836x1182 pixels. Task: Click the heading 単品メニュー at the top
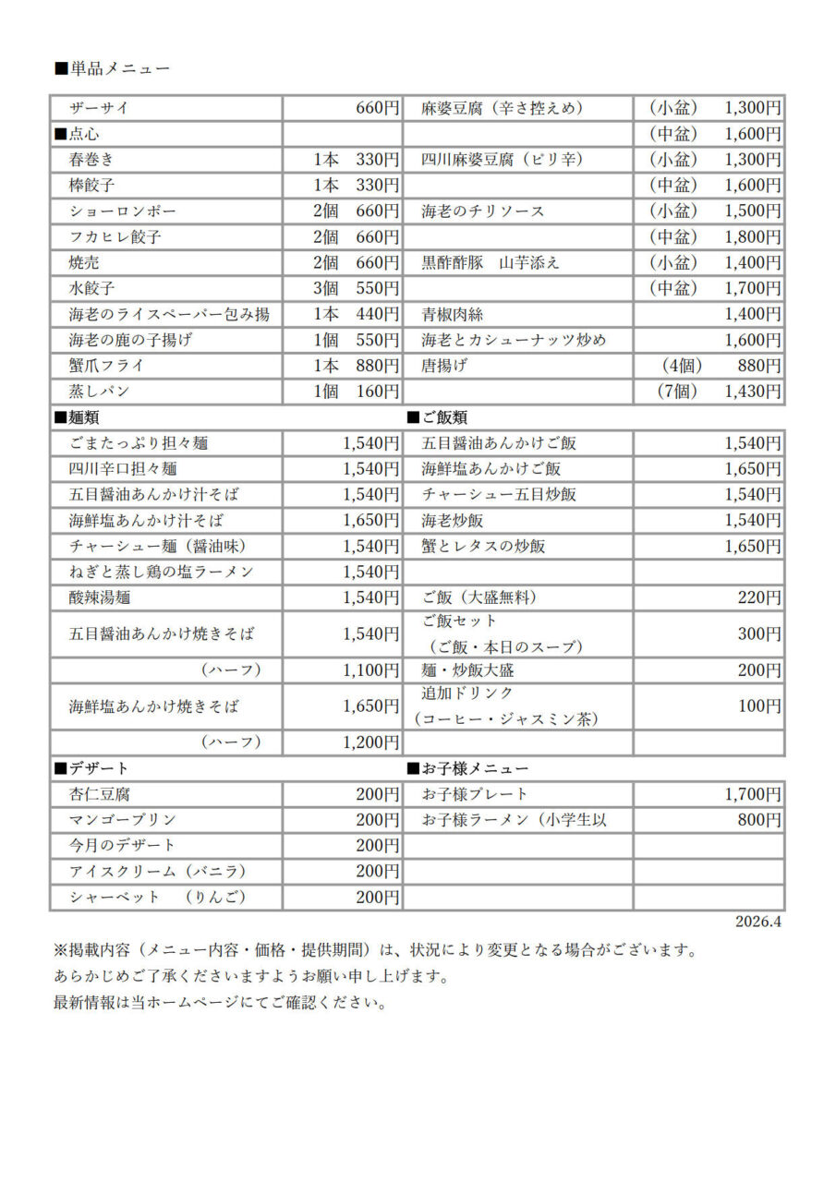pyautogui.click(x=112, y=68)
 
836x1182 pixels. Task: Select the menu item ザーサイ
pyautogui.click(x=99, y=108)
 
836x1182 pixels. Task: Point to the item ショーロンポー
pyautogui.click(x=122, y=211)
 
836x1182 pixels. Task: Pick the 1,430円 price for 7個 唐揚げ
pyautogui.click(x=752, y=392)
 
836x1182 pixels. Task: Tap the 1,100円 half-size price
pyautogui.click(x=370, y=669)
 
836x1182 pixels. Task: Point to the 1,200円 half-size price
pyautogui.click(x=370, y=742)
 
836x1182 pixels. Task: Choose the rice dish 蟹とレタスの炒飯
pyautogui.click(x=483, y=546)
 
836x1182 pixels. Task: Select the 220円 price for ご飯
pyautogui.click(x=759, y=597)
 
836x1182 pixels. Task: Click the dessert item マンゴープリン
pyautogui.click(x=122, y=819)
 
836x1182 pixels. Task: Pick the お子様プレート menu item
pyautogui.click(x=475, y=793)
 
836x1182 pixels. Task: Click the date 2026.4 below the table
pyautogui.click(x=758, y=922)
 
